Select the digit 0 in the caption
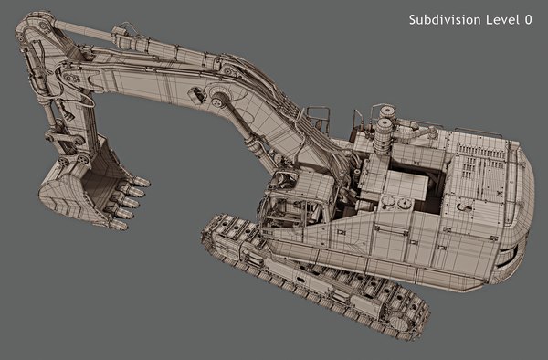[x=529, y=19]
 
